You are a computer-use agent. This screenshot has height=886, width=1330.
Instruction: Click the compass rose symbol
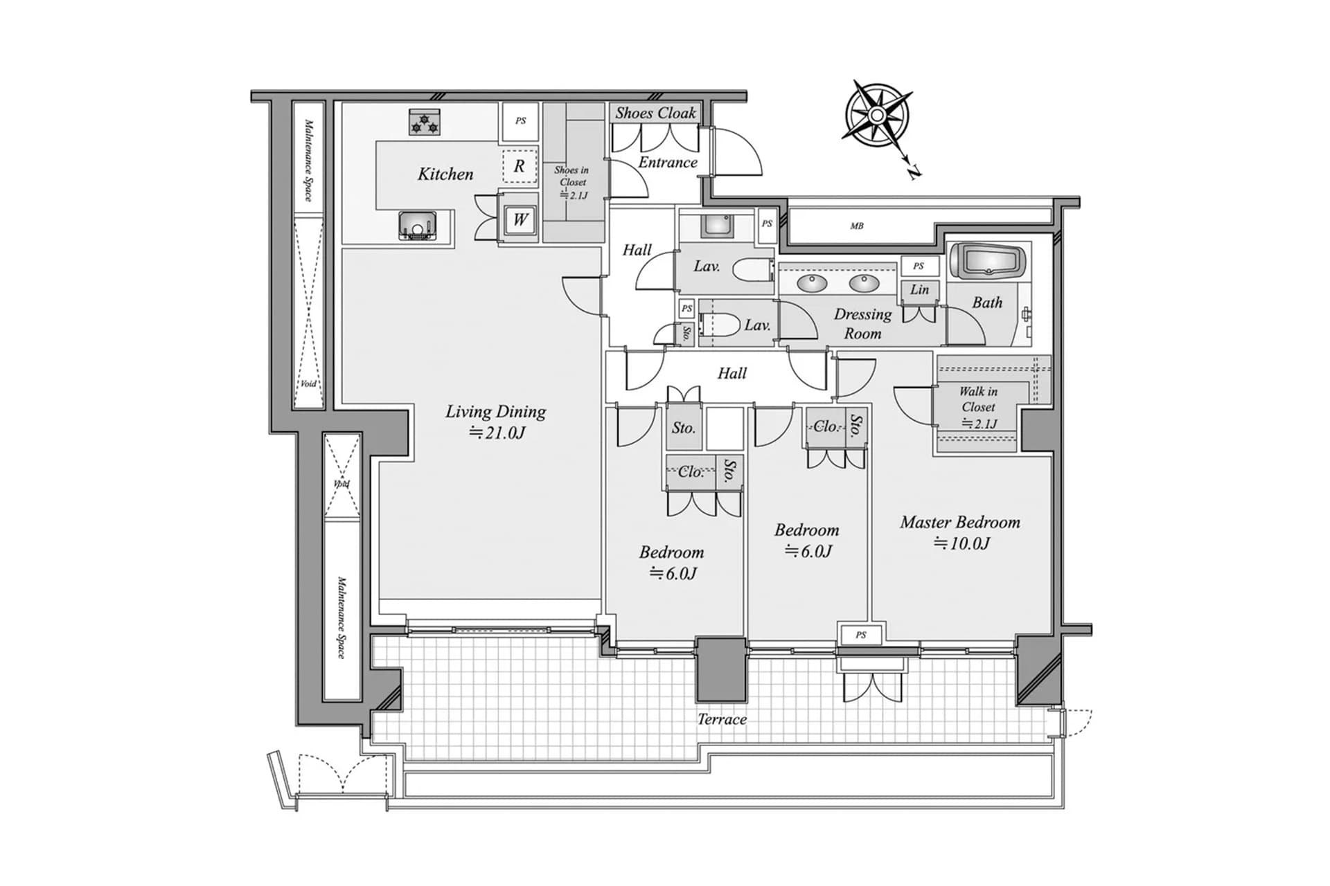[x=877, y=115]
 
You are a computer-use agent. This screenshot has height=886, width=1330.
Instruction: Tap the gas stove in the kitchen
[x=425, y=122]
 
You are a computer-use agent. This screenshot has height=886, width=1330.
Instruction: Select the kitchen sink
[x=417, y=226]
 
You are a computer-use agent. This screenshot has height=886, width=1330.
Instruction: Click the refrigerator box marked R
[x=520, y=166]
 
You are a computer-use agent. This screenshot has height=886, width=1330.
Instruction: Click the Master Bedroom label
[x=960, y=523]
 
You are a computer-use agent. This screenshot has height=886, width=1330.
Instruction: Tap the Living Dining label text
[x=495, y=412]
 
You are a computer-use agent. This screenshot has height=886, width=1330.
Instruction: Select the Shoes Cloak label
[x=655, y=113]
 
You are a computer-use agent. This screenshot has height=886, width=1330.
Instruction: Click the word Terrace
[x=722, y=719]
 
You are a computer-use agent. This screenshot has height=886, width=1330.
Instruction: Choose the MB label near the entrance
[x=857, y=226]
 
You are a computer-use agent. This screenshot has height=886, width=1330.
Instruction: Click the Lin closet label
[x=919, y=290]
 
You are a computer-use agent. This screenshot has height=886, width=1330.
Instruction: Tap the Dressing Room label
[x=862, y=323]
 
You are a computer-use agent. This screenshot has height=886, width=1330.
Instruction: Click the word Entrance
[x=668, y=163]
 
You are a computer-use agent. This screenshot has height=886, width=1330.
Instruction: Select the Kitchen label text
[x=445, y=174]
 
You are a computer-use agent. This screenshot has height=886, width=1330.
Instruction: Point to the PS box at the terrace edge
[x=860, y=635]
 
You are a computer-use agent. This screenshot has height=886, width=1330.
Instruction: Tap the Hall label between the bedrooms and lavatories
[x=732, y=374]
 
